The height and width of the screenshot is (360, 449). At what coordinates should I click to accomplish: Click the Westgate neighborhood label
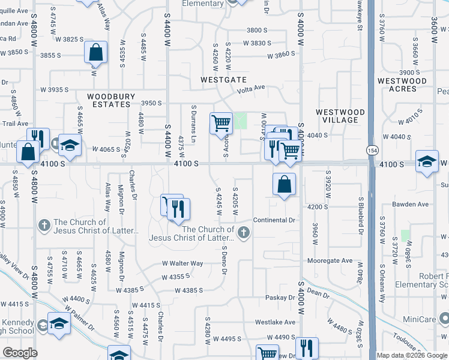tap(223, 79)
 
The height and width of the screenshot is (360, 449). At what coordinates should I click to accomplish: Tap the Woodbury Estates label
tap(109, 100)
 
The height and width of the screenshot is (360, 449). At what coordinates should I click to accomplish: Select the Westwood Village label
tap(340, 116)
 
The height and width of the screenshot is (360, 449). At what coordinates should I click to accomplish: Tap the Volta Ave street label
tap(251, 88)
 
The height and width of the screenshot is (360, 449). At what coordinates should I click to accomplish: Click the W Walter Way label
tap(182, 263)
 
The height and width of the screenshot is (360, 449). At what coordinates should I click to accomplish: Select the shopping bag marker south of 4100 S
tap(285, 185)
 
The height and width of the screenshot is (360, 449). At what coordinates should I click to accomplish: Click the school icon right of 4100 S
tap(427, 162)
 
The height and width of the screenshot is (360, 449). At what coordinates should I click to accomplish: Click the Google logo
tap(20, 353)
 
